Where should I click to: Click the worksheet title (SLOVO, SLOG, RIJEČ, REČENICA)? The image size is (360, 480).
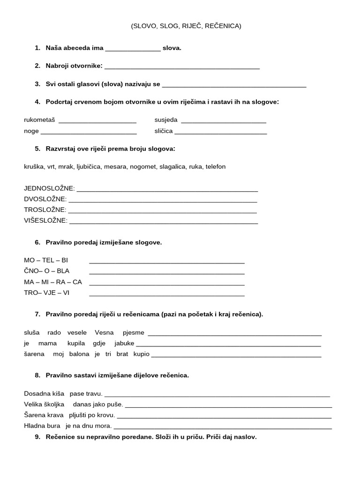[186, 26]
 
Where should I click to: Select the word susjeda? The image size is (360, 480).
[166, 120]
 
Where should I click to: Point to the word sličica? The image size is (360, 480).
[164, 131]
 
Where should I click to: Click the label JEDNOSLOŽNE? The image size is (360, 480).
[49, 188]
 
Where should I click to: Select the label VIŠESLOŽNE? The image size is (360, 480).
[45, 221]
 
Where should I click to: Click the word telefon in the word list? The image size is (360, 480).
[216, 166]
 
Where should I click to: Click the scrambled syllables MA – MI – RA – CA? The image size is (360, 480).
[53, 282]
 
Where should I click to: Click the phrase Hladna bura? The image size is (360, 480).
[42, 426]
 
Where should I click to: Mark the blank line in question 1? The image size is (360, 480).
[133, 49]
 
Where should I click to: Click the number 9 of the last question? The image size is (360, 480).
[37, 437]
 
